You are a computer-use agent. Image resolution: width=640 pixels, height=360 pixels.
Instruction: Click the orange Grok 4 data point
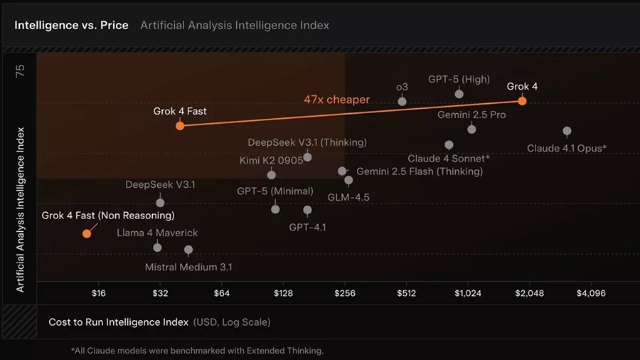pos(522,101)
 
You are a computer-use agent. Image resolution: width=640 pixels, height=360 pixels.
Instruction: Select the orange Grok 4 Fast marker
pos(180,126)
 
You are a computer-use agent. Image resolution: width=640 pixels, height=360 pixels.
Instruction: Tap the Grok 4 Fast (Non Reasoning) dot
pos(87,233)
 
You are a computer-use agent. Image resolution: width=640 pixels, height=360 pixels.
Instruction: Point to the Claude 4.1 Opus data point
pos(567,131)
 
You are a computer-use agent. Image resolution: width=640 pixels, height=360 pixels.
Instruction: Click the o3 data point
pos(402,101)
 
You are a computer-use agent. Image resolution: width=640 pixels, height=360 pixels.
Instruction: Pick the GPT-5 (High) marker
pos(459,94)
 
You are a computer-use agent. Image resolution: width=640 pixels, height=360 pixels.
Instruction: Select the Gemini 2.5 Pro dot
pos(471,129)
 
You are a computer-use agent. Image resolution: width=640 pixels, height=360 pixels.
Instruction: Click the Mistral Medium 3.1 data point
pos(188,250)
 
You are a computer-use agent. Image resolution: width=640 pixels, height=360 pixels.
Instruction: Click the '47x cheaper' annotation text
pos(336,100)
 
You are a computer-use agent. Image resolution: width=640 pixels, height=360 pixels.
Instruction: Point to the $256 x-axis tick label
pos(345,293)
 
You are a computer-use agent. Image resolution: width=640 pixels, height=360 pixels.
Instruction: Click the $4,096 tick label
pos(591,293)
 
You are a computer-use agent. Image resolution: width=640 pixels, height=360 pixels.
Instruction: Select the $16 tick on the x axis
pos(99,293)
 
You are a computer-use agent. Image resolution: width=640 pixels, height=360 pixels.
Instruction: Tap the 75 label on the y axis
pos(20,71)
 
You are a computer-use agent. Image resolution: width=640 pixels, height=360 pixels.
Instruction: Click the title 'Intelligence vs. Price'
pos(71,25)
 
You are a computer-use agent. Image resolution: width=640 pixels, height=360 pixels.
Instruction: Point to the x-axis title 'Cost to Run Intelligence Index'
pos(118,322)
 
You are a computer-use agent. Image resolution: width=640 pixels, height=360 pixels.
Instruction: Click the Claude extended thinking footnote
pos(197,351)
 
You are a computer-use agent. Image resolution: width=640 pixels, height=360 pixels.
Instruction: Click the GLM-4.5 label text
pos(348,197)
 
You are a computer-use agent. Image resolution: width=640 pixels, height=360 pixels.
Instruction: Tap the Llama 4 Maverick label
pos(158,233)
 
